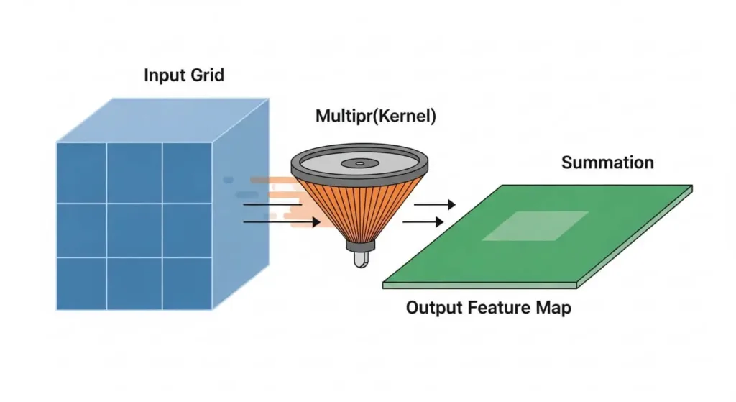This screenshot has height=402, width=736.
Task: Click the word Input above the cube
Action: (162, 75)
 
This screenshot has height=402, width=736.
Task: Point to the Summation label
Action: (607, 163)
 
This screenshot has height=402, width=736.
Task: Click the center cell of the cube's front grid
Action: (134, 229)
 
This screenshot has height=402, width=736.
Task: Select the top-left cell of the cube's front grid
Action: (81, 173)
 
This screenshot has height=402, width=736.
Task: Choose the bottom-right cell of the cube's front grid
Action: (187, 283)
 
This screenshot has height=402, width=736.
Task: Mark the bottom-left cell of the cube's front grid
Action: (81, 283)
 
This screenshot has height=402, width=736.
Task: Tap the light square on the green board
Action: (535, 225)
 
